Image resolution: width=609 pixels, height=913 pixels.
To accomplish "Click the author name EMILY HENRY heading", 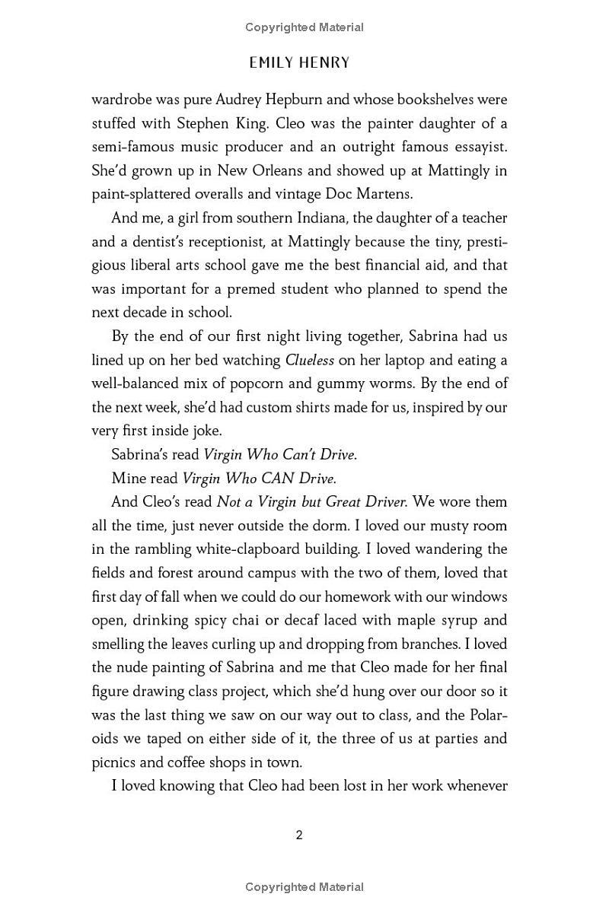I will (299, 63).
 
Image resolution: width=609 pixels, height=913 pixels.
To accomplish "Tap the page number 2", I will (299, 835).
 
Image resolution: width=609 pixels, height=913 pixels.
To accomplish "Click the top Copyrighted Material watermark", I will (304, 27).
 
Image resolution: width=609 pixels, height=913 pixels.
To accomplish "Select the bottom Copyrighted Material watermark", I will (304, 887).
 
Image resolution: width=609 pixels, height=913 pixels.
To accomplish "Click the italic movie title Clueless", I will (309, 360).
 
